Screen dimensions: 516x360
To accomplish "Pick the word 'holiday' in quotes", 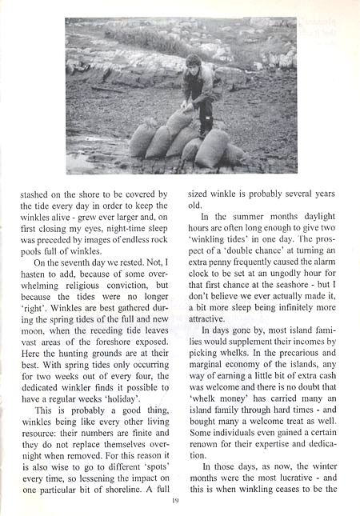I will pos(144,417).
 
